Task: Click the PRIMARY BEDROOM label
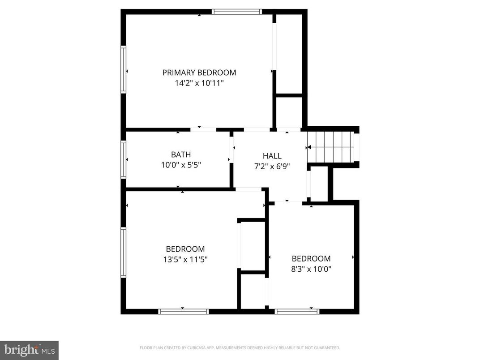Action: point(199,73)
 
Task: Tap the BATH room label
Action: point(180,155)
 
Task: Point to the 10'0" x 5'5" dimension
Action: point(180,165)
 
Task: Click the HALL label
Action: point(272,156)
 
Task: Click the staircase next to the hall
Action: point(334,147)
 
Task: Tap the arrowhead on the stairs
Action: point(309,147)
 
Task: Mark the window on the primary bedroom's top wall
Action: point(236,12)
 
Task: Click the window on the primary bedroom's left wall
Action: point(123,69)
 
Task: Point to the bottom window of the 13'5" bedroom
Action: point(184,311)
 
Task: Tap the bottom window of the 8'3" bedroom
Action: point(297,311)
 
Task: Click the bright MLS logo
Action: point(29,350)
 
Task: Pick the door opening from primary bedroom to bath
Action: point(203,129)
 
